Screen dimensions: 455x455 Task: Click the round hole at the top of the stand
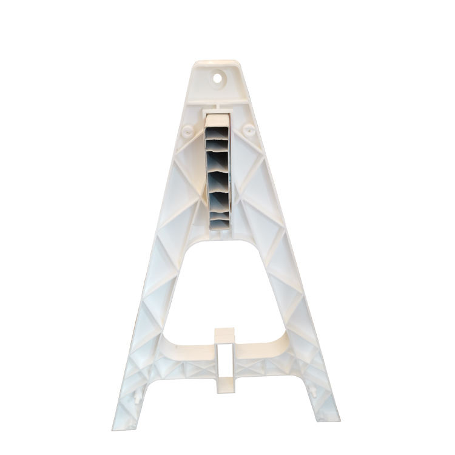(217, 78)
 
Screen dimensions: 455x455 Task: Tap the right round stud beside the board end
(248, 129)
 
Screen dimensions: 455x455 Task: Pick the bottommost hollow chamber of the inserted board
(218, 225)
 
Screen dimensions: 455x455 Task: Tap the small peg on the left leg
(141, 397)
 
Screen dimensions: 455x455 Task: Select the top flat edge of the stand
(217, 62)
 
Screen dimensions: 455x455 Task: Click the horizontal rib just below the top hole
(217, 97)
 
